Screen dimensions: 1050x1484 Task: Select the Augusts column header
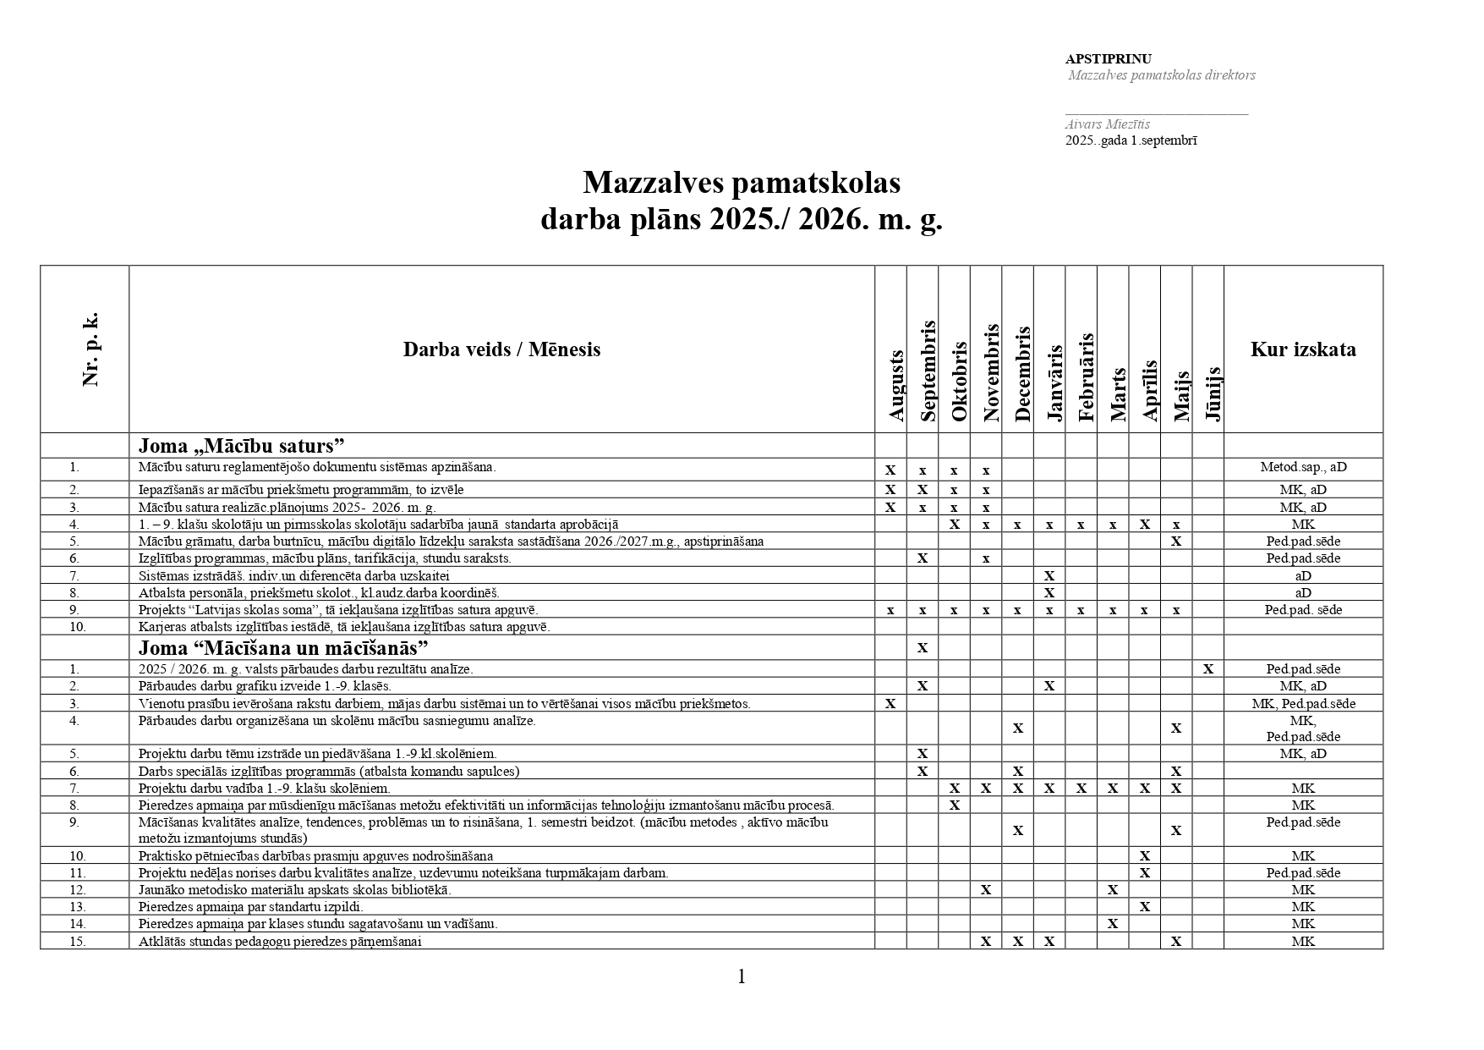click(896, 385)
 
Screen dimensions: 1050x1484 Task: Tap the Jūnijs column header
click(1213, 393)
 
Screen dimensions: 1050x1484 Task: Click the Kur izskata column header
click(1302, 349)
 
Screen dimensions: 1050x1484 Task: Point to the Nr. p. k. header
click(90, 349)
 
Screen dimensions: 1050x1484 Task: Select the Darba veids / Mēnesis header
click(501, 349)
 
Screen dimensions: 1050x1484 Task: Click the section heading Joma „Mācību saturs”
click(242, 446)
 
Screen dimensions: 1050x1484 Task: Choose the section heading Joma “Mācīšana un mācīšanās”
click(283, 648)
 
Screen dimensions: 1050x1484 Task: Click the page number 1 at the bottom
click(742, 977)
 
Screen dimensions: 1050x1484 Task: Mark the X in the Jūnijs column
click(1208, 669)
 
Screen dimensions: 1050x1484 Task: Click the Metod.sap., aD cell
click(1303, 467)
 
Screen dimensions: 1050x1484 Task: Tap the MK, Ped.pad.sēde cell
click(1303, 703)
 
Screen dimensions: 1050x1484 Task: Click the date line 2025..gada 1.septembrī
click(1131, 140)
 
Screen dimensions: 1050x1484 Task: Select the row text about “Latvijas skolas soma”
click(337, 610)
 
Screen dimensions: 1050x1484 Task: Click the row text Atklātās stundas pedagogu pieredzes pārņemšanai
click(280, 941)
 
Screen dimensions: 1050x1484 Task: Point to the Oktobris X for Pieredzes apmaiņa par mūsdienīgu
click(954, 805)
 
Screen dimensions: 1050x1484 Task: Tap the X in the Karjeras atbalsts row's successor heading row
click(923, 648)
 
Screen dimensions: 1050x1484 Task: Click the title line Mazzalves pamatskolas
click(742, 183)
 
